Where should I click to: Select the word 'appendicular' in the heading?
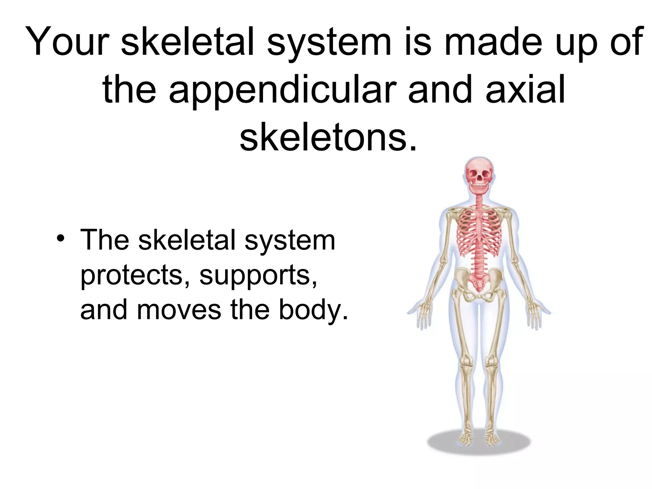tap(283, 90)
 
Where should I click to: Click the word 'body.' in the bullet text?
tap(314, 310)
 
